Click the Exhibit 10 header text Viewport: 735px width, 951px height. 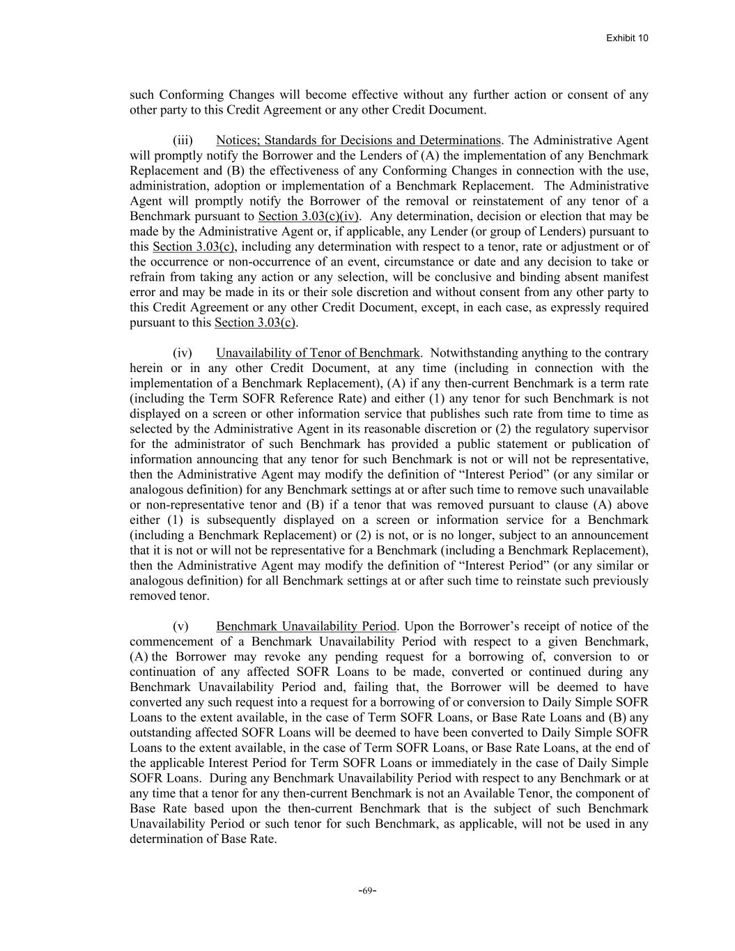pyautogui.click(x=627, y=38)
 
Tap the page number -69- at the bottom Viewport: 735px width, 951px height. pyautogui.click(x=367, y=890)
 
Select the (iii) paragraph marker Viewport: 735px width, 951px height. pyautogui.click(x=183, y=140)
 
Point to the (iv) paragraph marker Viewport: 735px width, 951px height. pyautogui.click(x=183, y=353)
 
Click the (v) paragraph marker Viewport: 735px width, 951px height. pyautogui.click(x=180, y=626)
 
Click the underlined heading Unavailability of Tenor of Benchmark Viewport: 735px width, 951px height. pyautogui.click(x=318, y=353)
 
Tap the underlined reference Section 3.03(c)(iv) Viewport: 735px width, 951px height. pyautogui.click(x=308, y=216)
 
